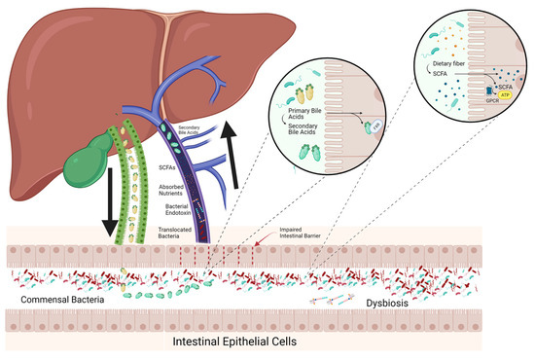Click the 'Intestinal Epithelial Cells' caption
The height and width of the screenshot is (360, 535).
pos(267,345)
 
